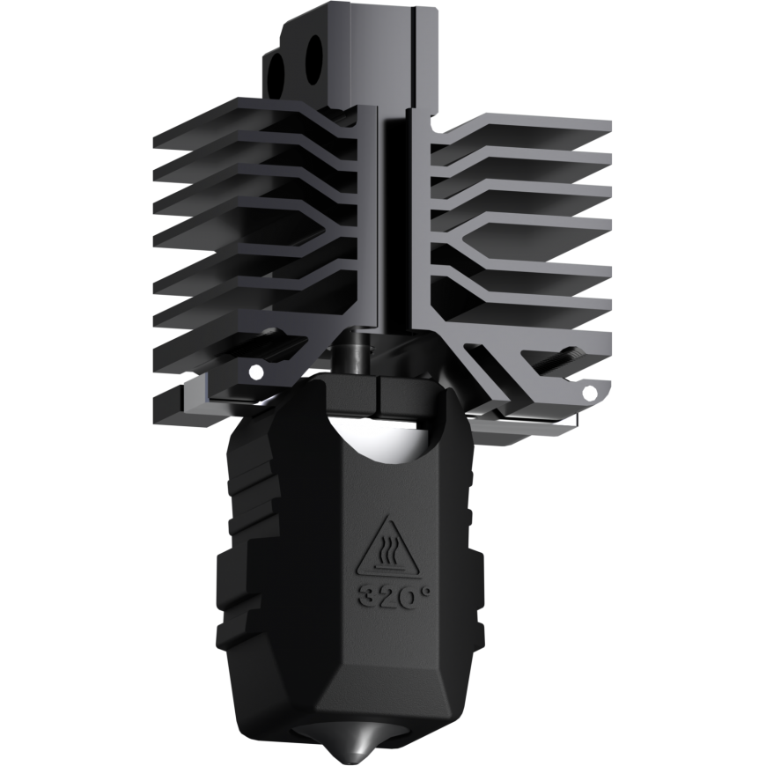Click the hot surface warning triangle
click(388, 546)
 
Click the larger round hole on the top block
click(313, 60)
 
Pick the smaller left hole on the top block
click(276, 76)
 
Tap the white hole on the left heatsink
click(255, 372)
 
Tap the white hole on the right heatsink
click(589, 392)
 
